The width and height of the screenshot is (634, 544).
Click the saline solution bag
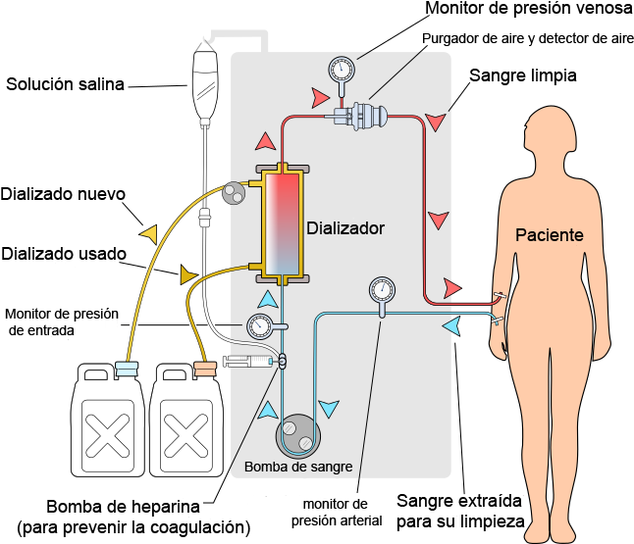[205, 82]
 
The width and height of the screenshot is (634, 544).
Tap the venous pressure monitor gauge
[342, 69]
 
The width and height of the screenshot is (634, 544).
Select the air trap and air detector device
[361, 116]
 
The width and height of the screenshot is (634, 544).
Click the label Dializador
[345, 228]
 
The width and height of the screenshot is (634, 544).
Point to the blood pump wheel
[298, 436]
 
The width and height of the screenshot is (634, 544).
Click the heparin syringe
[248, 361]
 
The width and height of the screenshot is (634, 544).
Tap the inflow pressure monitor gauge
[259, 326]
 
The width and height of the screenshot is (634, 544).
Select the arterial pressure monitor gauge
[382, 290]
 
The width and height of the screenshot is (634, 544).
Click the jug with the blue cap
[108, 420]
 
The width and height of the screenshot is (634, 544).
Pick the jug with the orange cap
[186, 420]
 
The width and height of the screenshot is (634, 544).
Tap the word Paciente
[549, 235]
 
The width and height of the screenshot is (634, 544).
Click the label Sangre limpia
[523, 75]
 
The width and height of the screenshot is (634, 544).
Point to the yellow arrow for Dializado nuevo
[148, 234]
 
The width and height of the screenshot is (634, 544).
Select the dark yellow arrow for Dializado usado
[188, 274]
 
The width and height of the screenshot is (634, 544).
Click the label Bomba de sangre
[298, 467]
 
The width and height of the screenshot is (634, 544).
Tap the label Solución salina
[65, 84]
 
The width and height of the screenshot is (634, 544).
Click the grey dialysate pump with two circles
[234, 193]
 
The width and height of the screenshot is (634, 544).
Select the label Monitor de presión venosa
[528, 9]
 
